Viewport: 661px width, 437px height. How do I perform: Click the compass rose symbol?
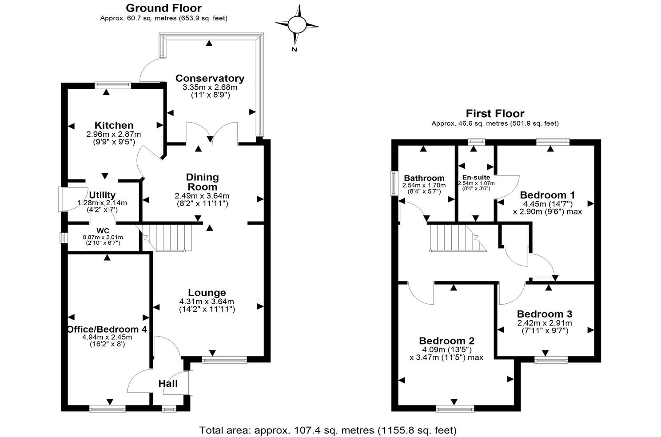click(297, 24)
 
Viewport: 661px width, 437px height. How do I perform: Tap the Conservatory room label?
click(210, 79)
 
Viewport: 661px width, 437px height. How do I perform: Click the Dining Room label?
click(202, 182)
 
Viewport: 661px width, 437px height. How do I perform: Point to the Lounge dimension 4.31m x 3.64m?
click(207, 302)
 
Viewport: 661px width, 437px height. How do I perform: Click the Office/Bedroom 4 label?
click(107, 330)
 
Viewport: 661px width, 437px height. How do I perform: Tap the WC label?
click(103, 231)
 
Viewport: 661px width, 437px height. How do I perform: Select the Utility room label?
click(102, 195)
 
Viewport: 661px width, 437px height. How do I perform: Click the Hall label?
click(168, 384)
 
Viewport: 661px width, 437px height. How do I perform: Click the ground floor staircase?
click(169, 238)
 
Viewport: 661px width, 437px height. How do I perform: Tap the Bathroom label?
click(424, 178)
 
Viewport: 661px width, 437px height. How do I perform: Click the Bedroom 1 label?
click(547, 195)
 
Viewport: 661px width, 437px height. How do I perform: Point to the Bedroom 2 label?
click(447, 341)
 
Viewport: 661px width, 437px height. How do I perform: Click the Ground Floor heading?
click(163, 8)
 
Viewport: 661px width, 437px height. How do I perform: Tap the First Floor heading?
click(495, 114)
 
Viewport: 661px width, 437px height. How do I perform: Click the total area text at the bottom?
click(328, 430)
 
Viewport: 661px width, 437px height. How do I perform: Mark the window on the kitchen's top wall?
click(113, 85)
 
